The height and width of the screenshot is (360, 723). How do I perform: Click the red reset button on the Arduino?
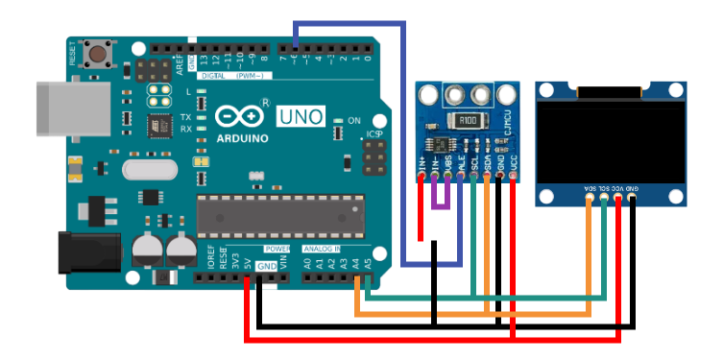(96, 52)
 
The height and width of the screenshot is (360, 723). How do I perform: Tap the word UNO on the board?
(301, 117)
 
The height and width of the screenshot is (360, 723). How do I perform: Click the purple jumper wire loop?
(440, 197)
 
